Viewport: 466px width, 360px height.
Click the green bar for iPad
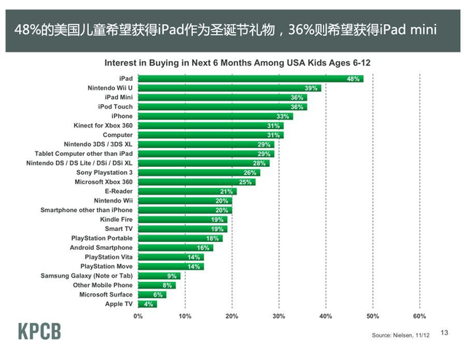coord(250,78)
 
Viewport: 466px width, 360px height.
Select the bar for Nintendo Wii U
coord(229,87)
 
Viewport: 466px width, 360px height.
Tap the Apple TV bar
coord(147,304)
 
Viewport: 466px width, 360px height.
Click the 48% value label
coord(354,78)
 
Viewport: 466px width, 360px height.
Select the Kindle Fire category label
coord(116,219)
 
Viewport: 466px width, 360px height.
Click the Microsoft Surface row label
coord(106,294)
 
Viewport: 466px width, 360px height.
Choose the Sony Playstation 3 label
coord(106,172)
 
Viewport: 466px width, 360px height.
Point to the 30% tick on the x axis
coord(279,317)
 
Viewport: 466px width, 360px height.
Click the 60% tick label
coord(419,317)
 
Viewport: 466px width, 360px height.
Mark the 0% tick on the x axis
coord(138,317)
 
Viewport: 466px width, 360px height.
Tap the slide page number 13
coord(446,332)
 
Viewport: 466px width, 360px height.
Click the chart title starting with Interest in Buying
coord(237,63)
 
